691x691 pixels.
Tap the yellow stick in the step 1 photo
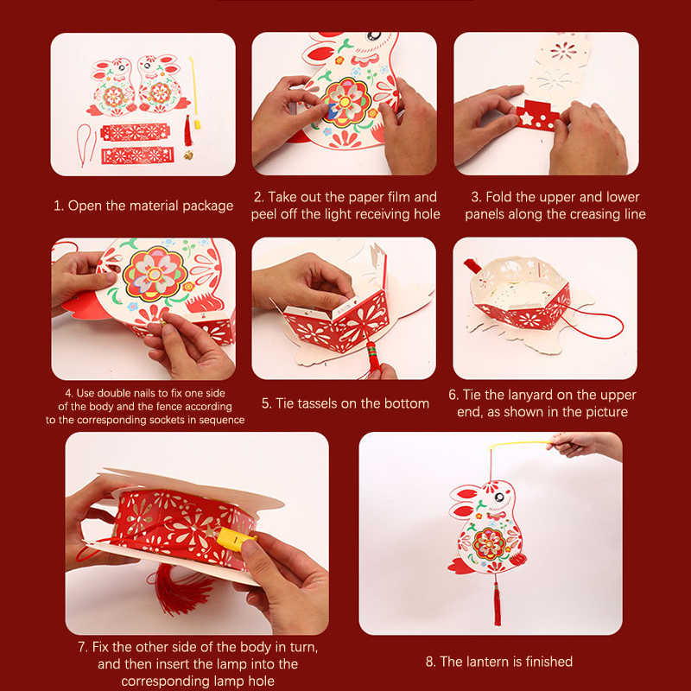[x=194, y=92]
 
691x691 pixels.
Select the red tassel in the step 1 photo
[x=188, y=131]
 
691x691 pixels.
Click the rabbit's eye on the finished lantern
[x=499, y=498]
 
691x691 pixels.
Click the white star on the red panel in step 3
[x=527, y=118]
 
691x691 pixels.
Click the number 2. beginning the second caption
[x=258, y=197]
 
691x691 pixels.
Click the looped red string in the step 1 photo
[x=86, y=144]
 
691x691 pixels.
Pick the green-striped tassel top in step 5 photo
[x=371, y=351]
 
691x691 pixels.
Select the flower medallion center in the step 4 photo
[x=155, y=274]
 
